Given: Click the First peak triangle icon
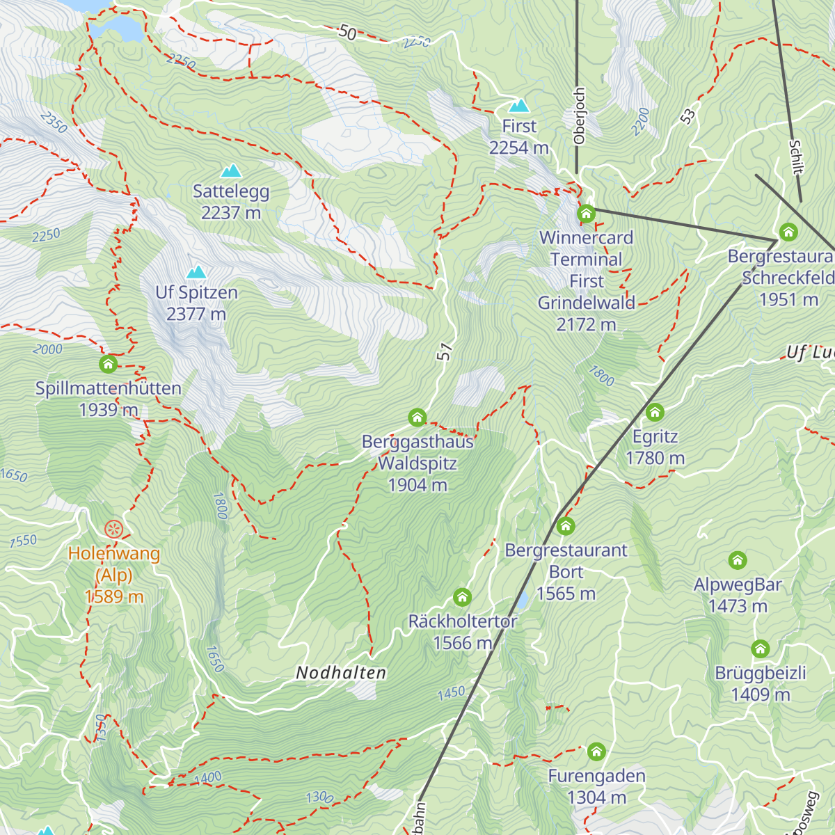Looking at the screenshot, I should [x=518, y=106].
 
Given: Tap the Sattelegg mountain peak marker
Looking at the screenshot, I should [x=231, y=170].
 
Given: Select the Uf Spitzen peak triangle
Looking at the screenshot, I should [x=196, y=271].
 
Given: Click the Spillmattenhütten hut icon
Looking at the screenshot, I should [x=108, y=363].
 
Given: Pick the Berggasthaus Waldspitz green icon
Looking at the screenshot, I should [x=417, y=417].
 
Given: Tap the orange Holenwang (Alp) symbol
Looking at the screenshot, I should [x=113, y=530].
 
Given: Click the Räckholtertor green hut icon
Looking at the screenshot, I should [x=462, y=596].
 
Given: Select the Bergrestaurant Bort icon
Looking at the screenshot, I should [x=566, y=525].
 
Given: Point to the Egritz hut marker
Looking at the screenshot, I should [x=655, y=412].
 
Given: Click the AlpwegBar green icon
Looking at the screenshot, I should [x=738, y=560].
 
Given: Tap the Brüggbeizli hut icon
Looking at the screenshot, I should [x=761, y=649].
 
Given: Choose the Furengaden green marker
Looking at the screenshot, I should [x=596, y=751].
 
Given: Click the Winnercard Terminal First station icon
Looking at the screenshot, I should [x=586, y=213].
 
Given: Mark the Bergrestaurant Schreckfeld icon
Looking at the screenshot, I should [x=788, y=231].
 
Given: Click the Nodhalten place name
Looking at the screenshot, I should [x=341, y=673].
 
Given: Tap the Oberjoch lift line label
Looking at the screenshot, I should [x=580, y=116].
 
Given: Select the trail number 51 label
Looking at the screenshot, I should [x=445, y=352].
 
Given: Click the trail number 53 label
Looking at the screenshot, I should [x=688, y=117].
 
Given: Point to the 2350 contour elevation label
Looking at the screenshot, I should [x=54, y=122].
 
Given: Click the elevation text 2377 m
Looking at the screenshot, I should [x=196, y=315].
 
